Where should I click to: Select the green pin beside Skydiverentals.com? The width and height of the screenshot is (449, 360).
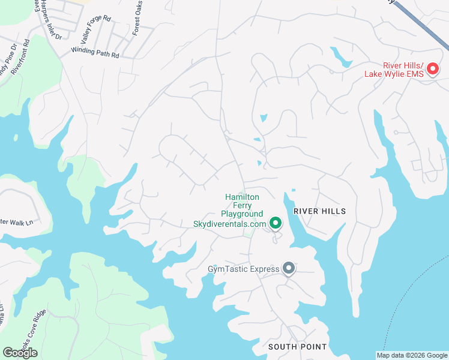[276, 224]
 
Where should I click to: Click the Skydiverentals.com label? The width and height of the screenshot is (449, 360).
[229, 224]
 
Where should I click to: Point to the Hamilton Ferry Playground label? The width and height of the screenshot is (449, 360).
[242, 205]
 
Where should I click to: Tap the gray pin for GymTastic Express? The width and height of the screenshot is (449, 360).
[289, 268]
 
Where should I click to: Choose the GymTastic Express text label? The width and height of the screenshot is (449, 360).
[244, 269]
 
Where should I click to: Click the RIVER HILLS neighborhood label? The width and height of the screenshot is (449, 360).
[320, 212]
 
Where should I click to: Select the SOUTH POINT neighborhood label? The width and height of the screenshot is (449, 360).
[297, 347]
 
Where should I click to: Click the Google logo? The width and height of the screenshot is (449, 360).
[20, 352]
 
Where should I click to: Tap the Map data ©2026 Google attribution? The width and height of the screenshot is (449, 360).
[412, 355]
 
